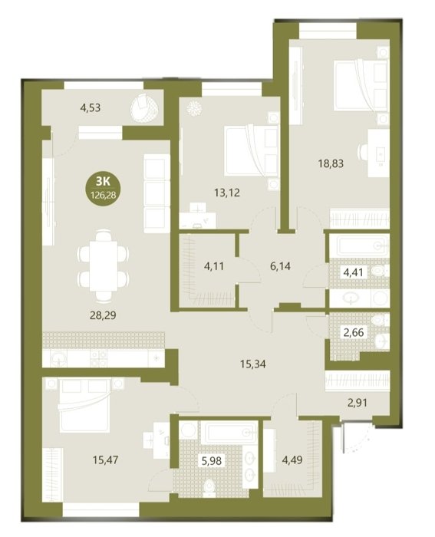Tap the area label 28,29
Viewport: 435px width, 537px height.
[x=103, y=315]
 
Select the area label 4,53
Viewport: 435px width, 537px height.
[x=91, y=107]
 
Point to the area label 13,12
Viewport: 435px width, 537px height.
[x=227, y=193]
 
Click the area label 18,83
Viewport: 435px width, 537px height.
[x=331, y=163]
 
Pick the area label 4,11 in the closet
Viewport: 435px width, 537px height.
[x=214, y=265]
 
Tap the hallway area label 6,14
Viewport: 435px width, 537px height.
[x=280, y=265]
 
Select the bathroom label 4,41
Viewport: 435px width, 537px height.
[x=354, y=272]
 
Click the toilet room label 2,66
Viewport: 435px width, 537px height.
[x=354, y=332]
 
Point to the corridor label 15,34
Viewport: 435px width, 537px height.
[x=252, y=364]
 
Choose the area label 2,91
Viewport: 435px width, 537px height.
[x=358, y=403]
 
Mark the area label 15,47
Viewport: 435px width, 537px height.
[x=105, y=460]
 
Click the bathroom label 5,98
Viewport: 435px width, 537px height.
[x=212, y=460]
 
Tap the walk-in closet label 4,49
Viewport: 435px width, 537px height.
[x=292, y=460]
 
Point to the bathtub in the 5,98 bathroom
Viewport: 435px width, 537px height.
[x=229, y=432]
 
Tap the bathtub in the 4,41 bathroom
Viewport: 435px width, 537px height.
[x=363, y=245]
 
